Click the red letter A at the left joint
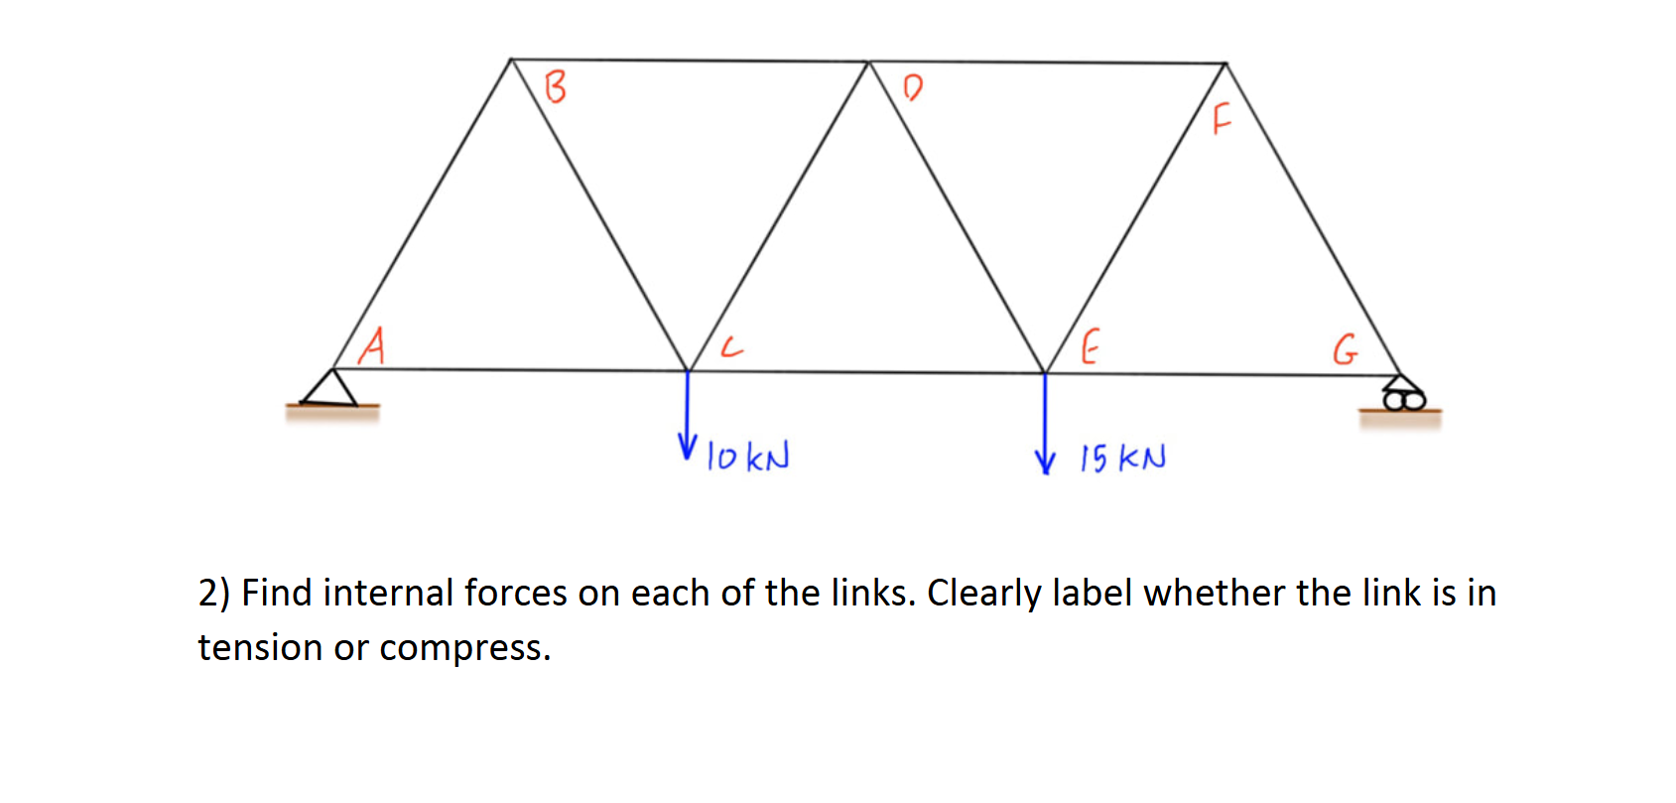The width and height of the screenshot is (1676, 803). [x=372, y=346]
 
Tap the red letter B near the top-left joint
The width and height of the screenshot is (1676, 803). [x=556, y=86]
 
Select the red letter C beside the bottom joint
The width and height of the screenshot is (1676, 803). [x=730, y=346]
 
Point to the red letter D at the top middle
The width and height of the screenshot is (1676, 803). [x=913, y=87]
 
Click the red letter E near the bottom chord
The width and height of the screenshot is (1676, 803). [x=1089, y=347]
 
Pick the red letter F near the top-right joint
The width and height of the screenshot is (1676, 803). [x=1222, y=118]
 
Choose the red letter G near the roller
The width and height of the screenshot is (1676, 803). [x=1345, y=349]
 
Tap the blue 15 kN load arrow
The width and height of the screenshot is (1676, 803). [x=1044, y=422]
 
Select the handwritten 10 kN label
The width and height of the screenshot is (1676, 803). [x=748, y=457]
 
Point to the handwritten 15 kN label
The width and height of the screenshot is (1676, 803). [x=1122, y=458]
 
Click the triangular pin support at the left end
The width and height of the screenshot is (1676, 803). [x=331, y=388]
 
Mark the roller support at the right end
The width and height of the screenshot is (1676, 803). [x=1402, y=395]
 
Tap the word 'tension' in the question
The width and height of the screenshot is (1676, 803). [x=260, y=648]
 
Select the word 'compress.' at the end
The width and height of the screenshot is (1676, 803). [x=464, y=648]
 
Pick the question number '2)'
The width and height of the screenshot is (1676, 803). [x=213, y=594]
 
